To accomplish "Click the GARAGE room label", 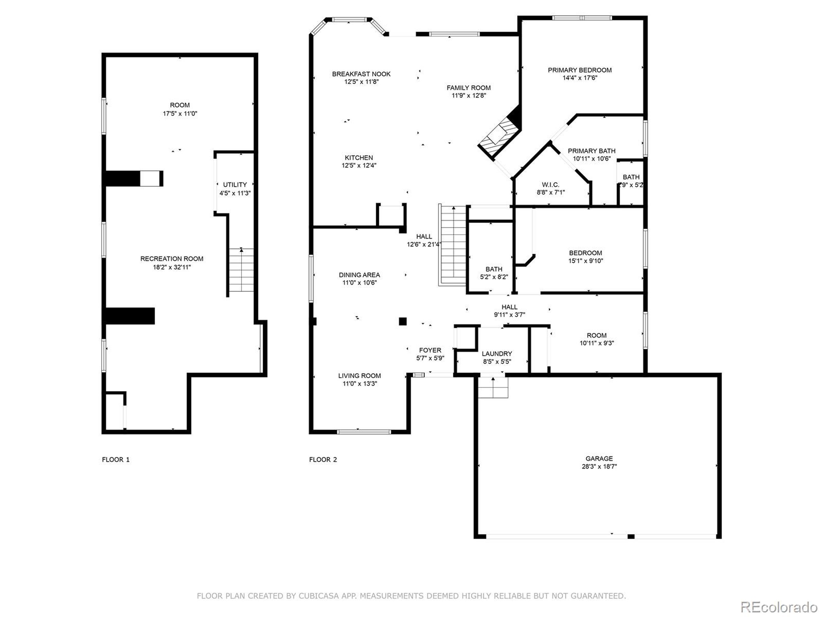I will point(599,459).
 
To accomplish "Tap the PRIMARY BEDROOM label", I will point(580,70).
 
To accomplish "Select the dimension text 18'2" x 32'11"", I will point(172,267).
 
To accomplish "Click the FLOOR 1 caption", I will point(116,460).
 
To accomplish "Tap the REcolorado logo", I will point(779,597).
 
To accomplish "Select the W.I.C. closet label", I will point(550,185).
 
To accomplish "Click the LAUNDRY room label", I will point(497,354).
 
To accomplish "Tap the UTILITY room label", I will point(235,185).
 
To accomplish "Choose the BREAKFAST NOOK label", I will point(361,74).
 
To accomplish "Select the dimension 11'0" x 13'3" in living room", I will point(359,383).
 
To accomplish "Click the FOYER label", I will point(430,350).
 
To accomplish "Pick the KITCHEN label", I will point(359,158).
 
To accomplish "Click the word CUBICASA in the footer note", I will point(319,596).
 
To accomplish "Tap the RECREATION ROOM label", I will point(172,259).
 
